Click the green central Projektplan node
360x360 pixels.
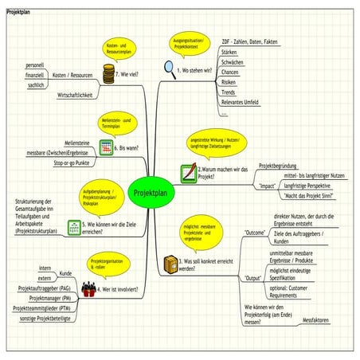tap(150, 192)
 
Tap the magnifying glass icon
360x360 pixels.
tap(169, 69)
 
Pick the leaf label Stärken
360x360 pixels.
tap(231, 50)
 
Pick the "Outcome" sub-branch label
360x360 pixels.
tap(253, 233)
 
